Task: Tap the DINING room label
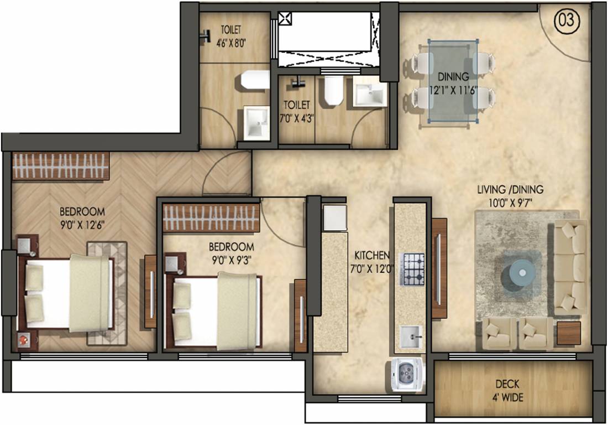tap(453, 77)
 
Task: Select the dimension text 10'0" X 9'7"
tap(510, 203)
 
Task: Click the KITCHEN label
tap(373, 256)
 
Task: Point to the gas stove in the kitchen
tap(412, 269)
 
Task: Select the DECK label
tap(507, 385)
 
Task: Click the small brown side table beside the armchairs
tap(568, 334)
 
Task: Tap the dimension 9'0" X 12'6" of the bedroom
tap(82, 225)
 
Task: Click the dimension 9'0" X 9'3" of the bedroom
tap(231, 260)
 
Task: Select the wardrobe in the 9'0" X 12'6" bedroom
tap(60, 165)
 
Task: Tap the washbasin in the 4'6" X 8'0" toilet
tap(256, 122)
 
